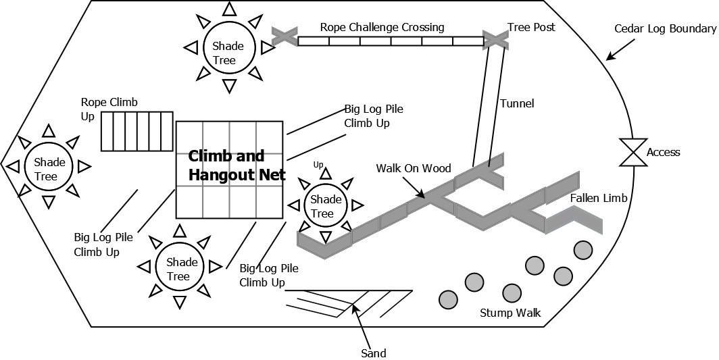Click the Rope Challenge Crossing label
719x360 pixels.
tap(382, 28)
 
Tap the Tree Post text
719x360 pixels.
tap(531, 28)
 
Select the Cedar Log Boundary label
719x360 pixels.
tap(665, 29)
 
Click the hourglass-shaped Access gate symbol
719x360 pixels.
tap(633, 153)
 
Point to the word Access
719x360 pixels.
tap(663, 153)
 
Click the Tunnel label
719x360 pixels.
tap(517, 103)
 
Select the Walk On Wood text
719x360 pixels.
tap(414, 168)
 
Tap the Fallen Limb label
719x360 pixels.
tap(598, 198)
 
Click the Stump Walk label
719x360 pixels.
tap(510, 313)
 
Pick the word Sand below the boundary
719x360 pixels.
tap(373, 353)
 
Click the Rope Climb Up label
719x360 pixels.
tap(109, 108)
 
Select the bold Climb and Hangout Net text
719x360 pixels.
tap(237, 165)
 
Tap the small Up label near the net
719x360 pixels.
tap(318, 164)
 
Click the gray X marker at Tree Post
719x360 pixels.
tap(495, 38)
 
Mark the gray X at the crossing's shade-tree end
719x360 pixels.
tap(284, 36)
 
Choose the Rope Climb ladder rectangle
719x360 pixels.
tap(137, 132)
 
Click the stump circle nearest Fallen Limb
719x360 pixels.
tap(583, 250)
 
